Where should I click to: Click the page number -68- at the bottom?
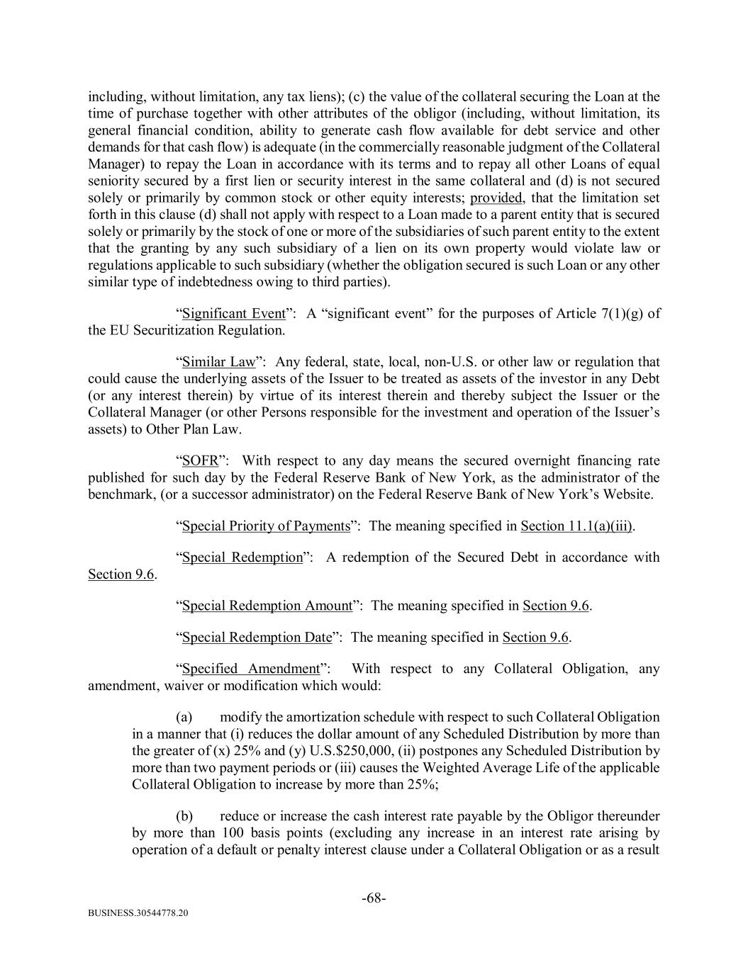[374, 898]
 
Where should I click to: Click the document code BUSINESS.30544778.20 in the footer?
[138, 914]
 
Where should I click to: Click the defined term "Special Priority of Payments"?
[266, 526]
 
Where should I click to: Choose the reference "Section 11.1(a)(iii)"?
[576, 526]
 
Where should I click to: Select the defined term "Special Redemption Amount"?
[267, 606]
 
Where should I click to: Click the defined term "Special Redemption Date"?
[257, 637]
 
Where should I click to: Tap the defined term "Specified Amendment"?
[251, 669]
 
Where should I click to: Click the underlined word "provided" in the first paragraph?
[496, 198]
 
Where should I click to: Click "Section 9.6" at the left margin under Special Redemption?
[121, 574]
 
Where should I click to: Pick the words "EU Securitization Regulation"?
[194, 330]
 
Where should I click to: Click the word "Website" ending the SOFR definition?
[627, 494]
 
